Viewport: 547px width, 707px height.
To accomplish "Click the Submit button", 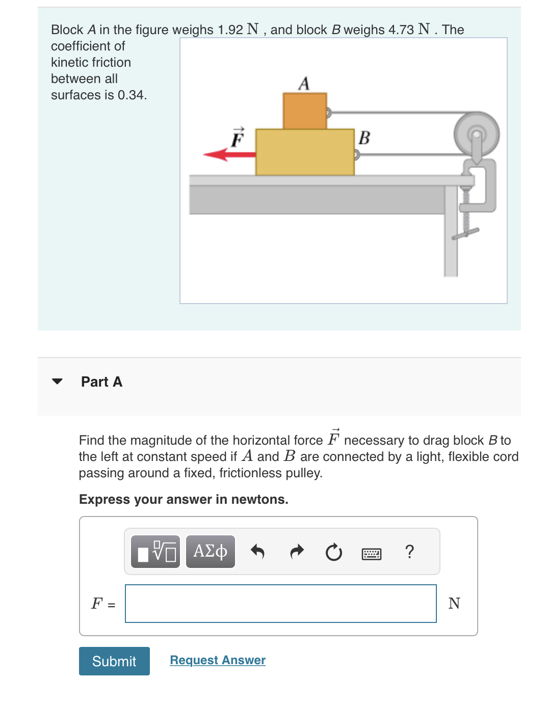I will pos(114,661).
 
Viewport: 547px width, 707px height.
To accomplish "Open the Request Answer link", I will pos(218,660).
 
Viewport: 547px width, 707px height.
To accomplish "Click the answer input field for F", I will pos(280,603).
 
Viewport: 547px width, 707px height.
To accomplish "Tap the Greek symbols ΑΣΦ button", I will pos(210,551).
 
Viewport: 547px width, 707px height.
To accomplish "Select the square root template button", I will pos(155,551).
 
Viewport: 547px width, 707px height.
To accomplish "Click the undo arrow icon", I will pos(257,552).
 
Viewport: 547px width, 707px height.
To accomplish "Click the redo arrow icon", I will pos(296,552).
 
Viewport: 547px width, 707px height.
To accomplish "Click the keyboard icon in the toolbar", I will pos(371,553).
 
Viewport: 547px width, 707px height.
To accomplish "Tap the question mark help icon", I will pos(409,552).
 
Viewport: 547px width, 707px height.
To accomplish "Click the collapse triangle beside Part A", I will pos(57,382).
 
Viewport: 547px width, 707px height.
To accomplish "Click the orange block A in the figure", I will pos(305,111).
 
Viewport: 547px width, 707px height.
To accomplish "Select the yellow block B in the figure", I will pos(305,152).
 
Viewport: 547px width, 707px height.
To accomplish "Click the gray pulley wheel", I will pos(476,134).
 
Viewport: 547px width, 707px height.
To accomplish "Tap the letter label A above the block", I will pos(304,83).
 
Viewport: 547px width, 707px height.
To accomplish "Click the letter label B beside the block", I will pos(364,138).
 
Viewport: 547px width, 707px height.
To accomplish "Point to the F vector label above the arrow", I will pos(237,138).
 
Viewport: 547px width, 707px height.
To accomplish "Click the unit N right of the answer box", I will pos(454,603).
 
